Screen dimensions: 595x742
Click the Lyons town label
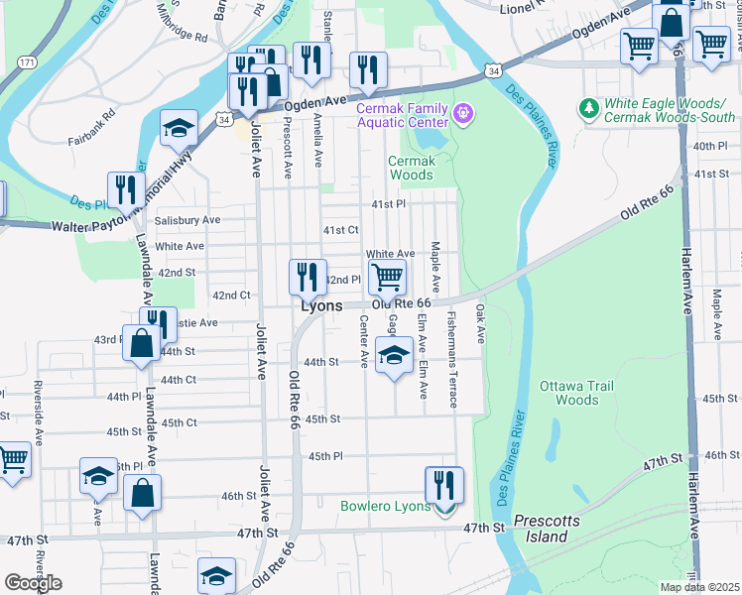(x=323, y=306)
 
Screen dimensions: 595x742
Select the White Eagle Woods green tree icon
(x=588, y=106)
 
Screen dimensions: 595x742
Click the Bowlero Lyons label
(x=385, y=506)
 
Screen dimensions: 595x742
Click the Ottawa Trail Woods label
(x=576, y=393)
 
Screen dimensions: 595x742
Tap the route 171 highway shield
(x=27, y=61)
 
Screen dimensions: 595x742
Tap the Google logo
(x=33, y=583)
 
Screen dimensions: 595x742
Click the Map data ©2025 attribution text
(x=699, y=587)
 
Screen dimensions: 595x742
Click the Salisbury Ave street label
(x=186, y=220)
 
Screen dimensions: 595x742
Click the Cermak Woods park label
(x=411, y=168)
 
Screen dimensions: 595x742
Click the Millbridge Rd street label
(x=182, y=29)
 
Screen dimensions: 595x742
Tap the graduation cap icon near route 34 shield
(x=179, y=128)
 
